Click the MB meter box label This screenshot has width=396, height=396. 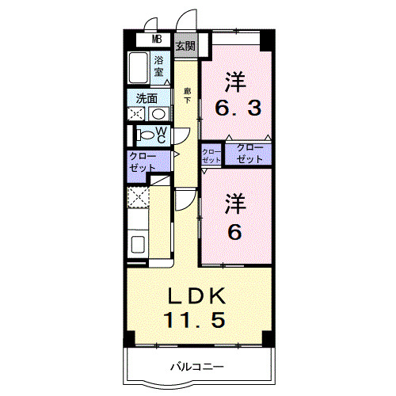pos(158,40)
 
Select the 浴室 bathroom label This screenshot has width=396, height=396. pos(159,66)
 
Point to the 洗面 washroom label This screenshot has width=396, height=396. pos(146,99)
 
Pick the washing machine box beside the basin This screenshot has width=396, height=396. pos(135,113)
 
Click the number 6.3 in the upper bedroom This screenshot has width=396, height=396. pos(234,107)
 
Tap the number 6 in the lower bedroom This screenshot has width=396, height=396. pos(234,231)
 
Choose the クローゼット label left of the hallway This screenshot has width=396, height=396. pos(143,162)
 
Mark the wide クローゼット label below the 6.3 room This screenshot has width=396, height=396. pos(248,154)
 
